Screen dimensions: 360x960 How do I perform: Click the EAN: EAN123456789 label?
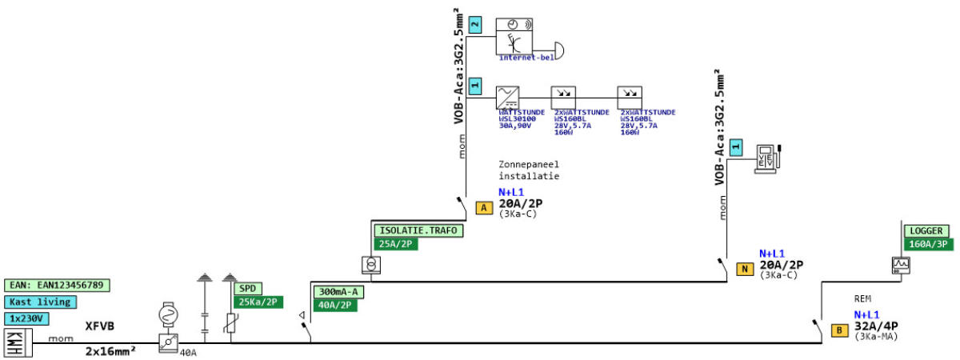58,285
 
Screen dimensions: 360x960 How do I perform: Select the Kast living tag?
41,302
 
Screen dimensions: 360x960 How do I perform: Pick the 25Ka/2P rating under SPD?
258,302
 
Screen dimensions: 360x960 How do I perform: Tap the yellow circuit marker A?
484,208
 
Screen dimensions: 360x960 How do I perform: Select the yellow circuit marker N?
745,269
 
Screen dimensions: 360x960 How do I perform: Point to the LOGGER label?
927,230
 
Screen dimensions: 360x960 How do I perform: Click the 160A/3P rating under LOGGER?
929,243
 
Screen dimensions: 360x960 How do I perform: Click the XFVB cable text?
100,326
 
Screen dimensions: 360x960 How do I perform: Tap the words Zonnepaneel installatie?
529,170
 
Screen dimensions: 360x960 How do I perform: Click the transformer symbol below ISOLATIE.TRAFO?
368,263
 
